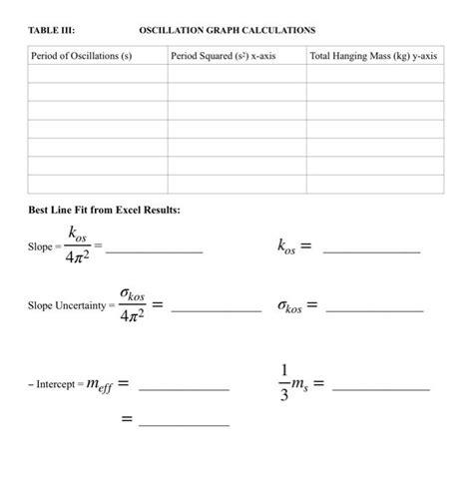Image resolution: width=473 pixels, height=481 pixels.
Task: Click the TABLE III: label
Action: (48, 31)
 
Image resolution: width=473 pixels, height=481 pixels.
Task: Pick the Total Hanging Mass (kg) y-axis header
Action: (373, 57)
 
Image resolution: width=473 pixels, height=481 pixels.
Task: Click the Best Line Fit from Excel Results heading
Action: (104, 211)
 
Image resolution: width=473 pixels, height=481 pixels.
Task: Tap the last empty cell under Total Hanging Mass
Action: (374, 184)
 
